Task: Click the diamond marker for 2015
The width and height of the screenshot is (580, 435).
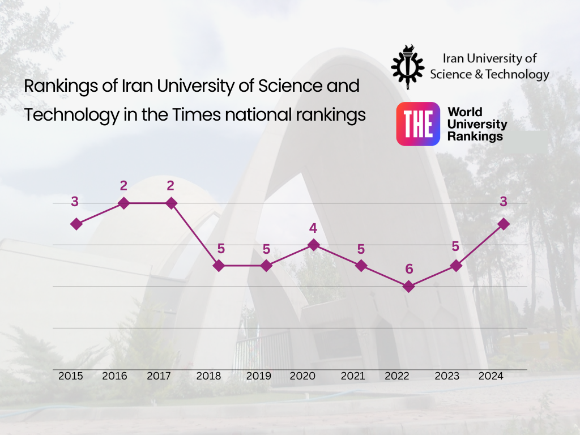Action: click(76, 224)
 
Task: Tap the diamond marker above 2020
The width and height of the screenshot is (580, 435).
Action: click(313, 245)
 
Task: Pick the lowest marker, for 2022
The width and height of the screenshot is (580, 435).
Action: click(408, 287)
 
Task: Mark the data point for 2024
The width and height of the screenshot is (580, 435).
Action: click(503, 224)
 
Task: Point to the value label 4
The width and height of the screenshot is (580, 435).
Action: click(313, 228)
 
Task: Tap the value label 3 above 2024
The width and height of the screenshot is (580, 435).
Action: click(503, 202)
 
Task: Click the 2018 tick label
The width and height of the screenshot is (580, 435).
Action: click(209, 376)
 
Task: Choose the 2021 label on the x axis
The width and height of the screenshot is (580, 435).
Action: click(352, 376)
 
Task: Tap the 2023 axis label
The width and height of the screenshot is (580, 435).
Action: click(447, 376)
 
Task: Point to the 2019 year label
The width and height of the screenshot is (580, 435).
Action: click(259, 376)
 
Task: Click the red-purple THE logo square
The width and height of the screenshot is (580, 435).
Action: click(418, 124)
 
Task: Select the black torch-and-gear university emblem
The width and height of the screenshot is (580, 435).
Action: click(407, 66)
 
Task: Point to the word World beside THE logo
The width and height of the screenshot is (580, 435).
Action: click(465, 112)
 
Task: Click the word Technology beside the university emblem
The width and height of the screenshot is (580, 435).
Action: click(517, 74)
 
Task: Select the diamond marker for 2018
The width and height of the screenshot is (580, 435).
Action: click(219, 266)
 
